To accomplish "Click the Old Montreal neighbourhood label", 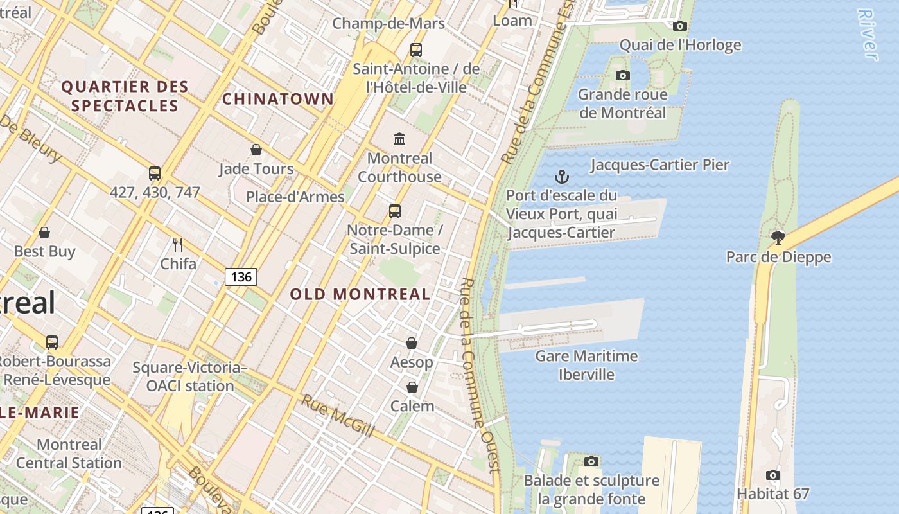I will point(360,294).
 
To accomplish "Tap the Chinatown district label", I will point(278,99).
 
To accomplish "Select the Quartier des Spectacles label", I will point(125,96).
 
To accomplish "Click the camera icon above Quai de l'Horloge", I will point(679,26).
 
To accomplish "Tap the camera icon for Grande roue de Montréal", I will point(622,76).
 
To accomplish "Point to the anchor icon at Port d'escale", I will point(562,177).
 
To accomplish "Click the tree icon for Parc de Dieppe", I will point(778,238).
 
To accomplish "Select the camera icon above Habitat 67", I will point(772,475).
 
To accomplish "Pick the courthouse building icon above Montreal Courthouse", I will point(399,139).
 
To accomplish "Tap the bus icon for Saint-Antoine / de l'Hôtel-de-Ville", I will point(416,49).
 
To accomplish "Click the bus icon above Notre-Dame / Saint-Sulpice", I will point(395,211).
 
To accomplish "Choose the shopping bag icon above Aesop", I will point(412,344).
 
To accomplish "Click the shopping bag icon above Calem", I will point(412,387).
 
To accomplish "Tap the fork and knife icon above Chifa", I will point(178,245).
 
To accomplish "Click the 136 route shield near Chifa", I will point(241,277).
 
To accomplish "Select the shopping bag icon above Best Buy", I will point(44,233).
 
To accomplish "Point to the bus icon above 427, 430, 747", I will point(155,173).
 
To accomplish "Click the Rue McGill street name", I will point(338,416).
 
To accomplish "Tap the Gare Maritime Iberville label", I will point(586,365).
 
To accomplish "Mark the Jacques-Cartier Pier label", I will point(659,165).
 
